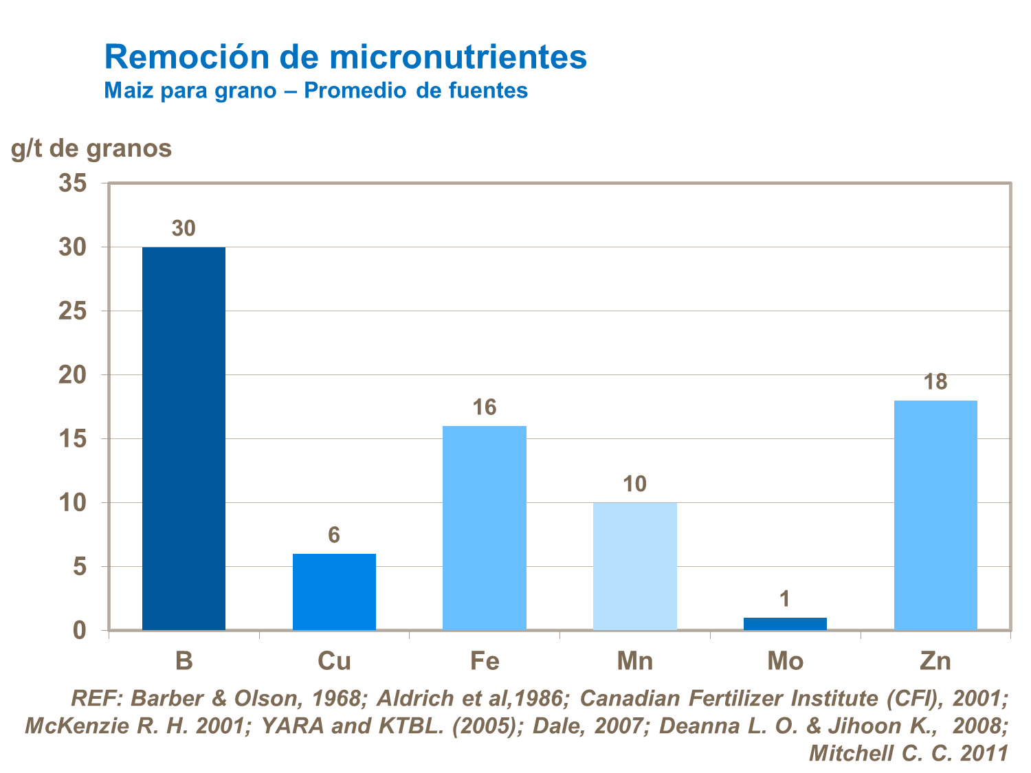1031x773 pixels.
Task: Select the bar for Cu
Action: point(334,592)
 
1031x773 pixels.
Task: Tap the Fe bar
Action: point(485,528)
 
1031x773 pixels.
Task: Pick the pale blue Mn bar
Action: point(634,566)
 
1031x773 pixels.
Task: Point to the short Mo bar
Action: point(785,624)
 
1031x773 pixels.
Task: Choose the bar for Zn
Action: point(935,515)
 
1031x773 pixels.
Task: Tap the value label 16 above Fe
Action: point(485,408)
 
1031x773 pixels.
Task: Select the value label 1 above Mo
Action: point(785,600)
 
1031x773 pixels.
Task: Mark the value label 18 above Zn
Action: point(935,382)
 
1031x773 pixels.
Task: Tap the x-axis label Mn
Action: point(634,661)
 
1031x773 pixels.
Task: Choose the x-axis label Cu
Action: point(334,661)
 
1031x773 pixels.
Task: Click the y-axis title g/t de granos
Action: point(91,148)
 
